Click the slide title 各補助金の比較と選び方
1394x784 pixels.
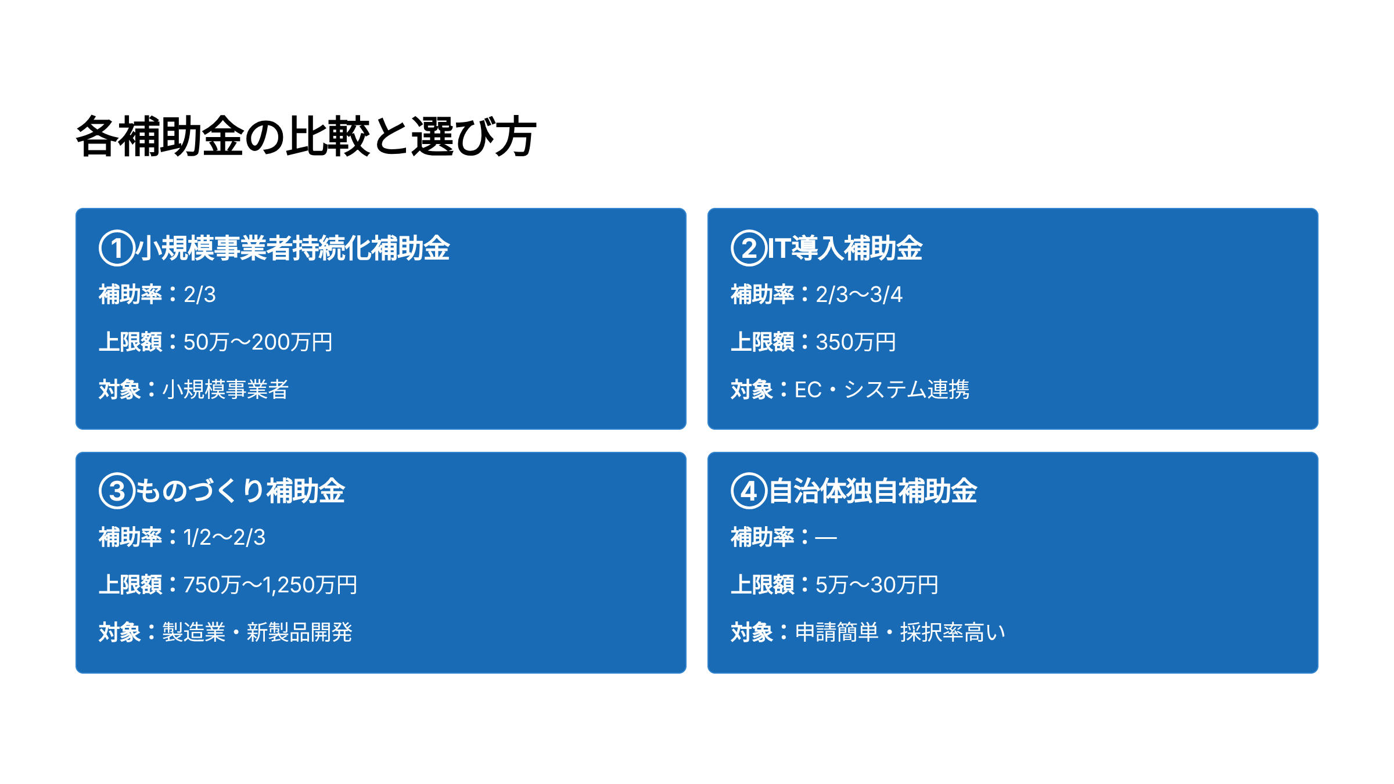click(x=306, y=137)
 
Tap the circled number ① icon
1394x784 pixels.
click(x=117, y=249)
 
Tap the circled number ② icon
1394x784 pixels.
click(x=749, y=249)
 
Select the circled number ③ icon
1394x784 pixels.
click(x=117, y=491)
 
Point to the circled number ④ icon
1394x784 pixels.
click(x=749, y=491)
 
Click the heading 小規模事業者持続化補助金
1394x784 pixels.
click(x=293, y=249)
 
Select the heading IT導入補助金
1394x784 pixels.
click(x=845, y=249)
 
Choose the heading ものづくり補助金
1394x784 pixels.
click(x=240, y=491)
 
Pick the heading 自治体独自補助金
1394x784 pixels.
click(x=873, y=491)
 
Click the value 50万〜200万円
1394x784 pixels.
click(x=258, y=342)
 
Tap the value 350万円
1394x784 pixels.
click(x=856, y=342)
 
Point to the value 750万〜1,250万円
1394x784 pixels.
click(x=270, y=585)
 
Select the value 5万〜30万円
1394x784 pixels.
click(x=876, y=585)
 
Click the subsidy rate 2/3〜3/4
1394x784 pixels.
click(x=859, y=295)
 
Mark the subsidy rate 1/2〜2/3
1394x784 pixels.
click(x=224, y=538)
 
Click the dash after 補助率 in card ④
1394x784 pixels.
click(x=825, y=538)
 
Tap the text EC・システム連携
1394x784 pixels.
click(x=882, y=390)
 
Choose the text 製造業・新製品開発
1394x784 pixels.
click(x=257, y=632)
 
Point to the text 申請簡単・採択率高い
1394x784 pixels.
click(x=900, y=632)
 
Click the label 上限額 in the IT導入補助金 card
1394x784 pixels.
click(x=762, y=342)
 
